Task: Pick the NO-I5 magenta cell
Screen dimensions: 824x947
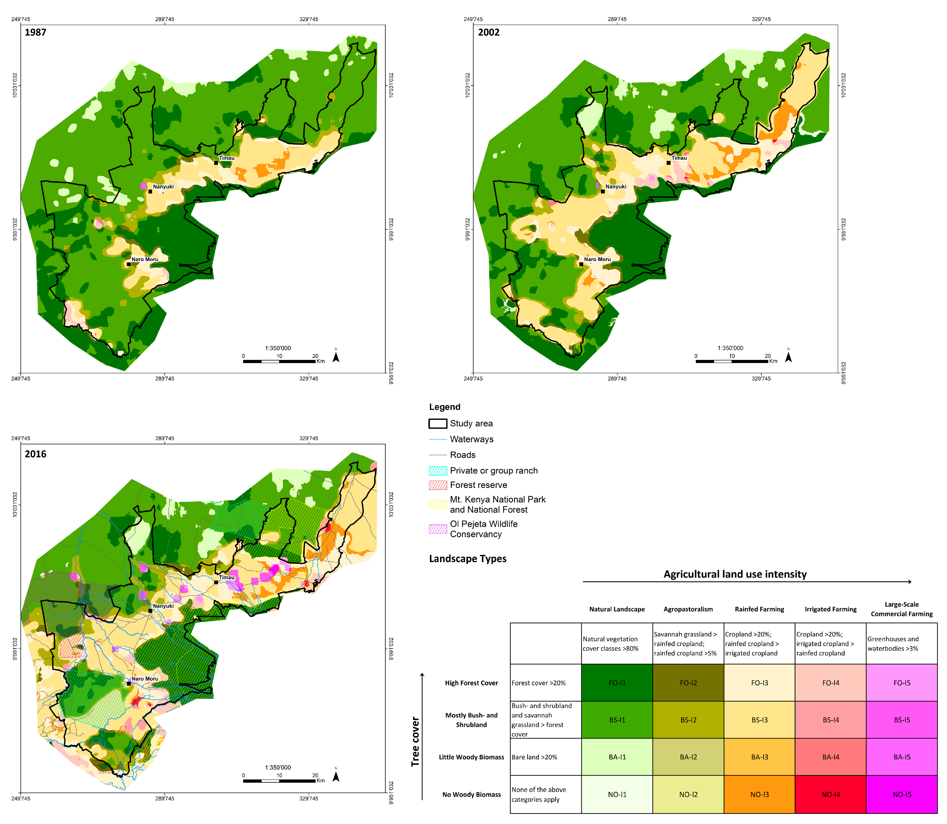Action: pos(901,794)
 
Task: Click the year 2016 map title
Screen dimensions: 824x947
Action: pos(35,454)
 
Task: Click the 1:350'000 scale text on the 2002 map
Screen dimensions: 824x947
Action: pos(730,348)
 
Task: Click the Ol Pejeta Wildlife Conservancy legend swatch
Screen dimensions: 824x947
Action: pos(438,529)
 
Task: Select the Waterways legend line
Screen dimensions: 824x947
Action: pos(438,439)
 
